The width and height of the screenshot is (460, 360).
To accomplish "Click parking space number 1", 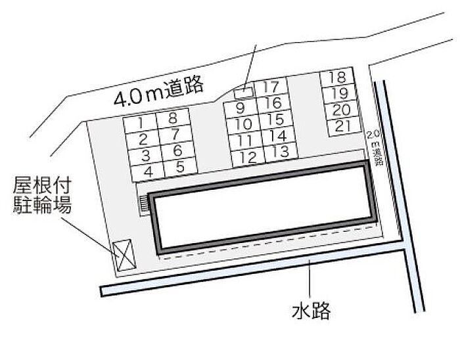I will (x=143, y=122).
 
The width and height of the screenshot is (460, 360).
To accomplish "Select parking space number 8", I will (x=172, y=119).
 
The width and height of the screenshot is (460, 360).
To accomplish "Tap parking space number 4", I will (x=149, y=171).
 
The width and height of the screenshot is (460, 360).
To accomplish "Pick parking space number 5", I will (x=179, y=166).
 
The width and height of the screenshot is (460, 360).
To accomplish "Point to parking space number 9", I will (x=240, y=108).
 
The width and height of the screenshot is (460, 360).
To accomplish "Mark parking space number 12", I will (x=247, y=158).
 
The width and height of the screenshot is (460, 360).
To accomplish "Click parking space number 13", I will (x=279, y=152).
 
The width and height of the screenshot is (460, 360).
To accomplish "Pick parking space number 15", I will (x=275, y=120).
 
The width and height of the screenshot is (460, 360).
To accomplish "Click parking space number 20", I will (x=341, y=110).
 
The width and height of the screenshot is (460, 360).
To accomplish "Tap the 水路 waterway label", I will (x=311, y=309).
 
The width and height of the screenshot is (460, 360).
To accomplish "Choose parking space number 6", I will (x=176, y=150).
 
